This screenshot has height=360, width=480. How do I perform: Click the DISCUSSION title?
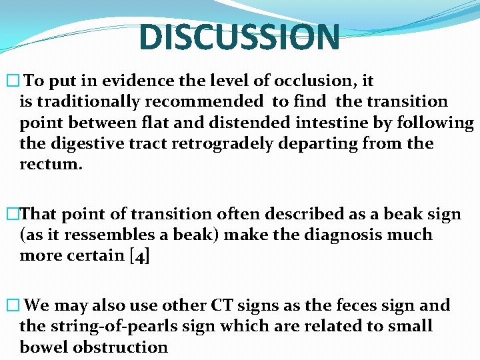tap(239, 37)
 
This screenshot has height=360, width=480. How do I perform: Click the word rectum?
tap(51, 164)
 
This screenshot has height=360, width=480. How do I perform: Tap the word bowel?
tap(45, 347)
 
